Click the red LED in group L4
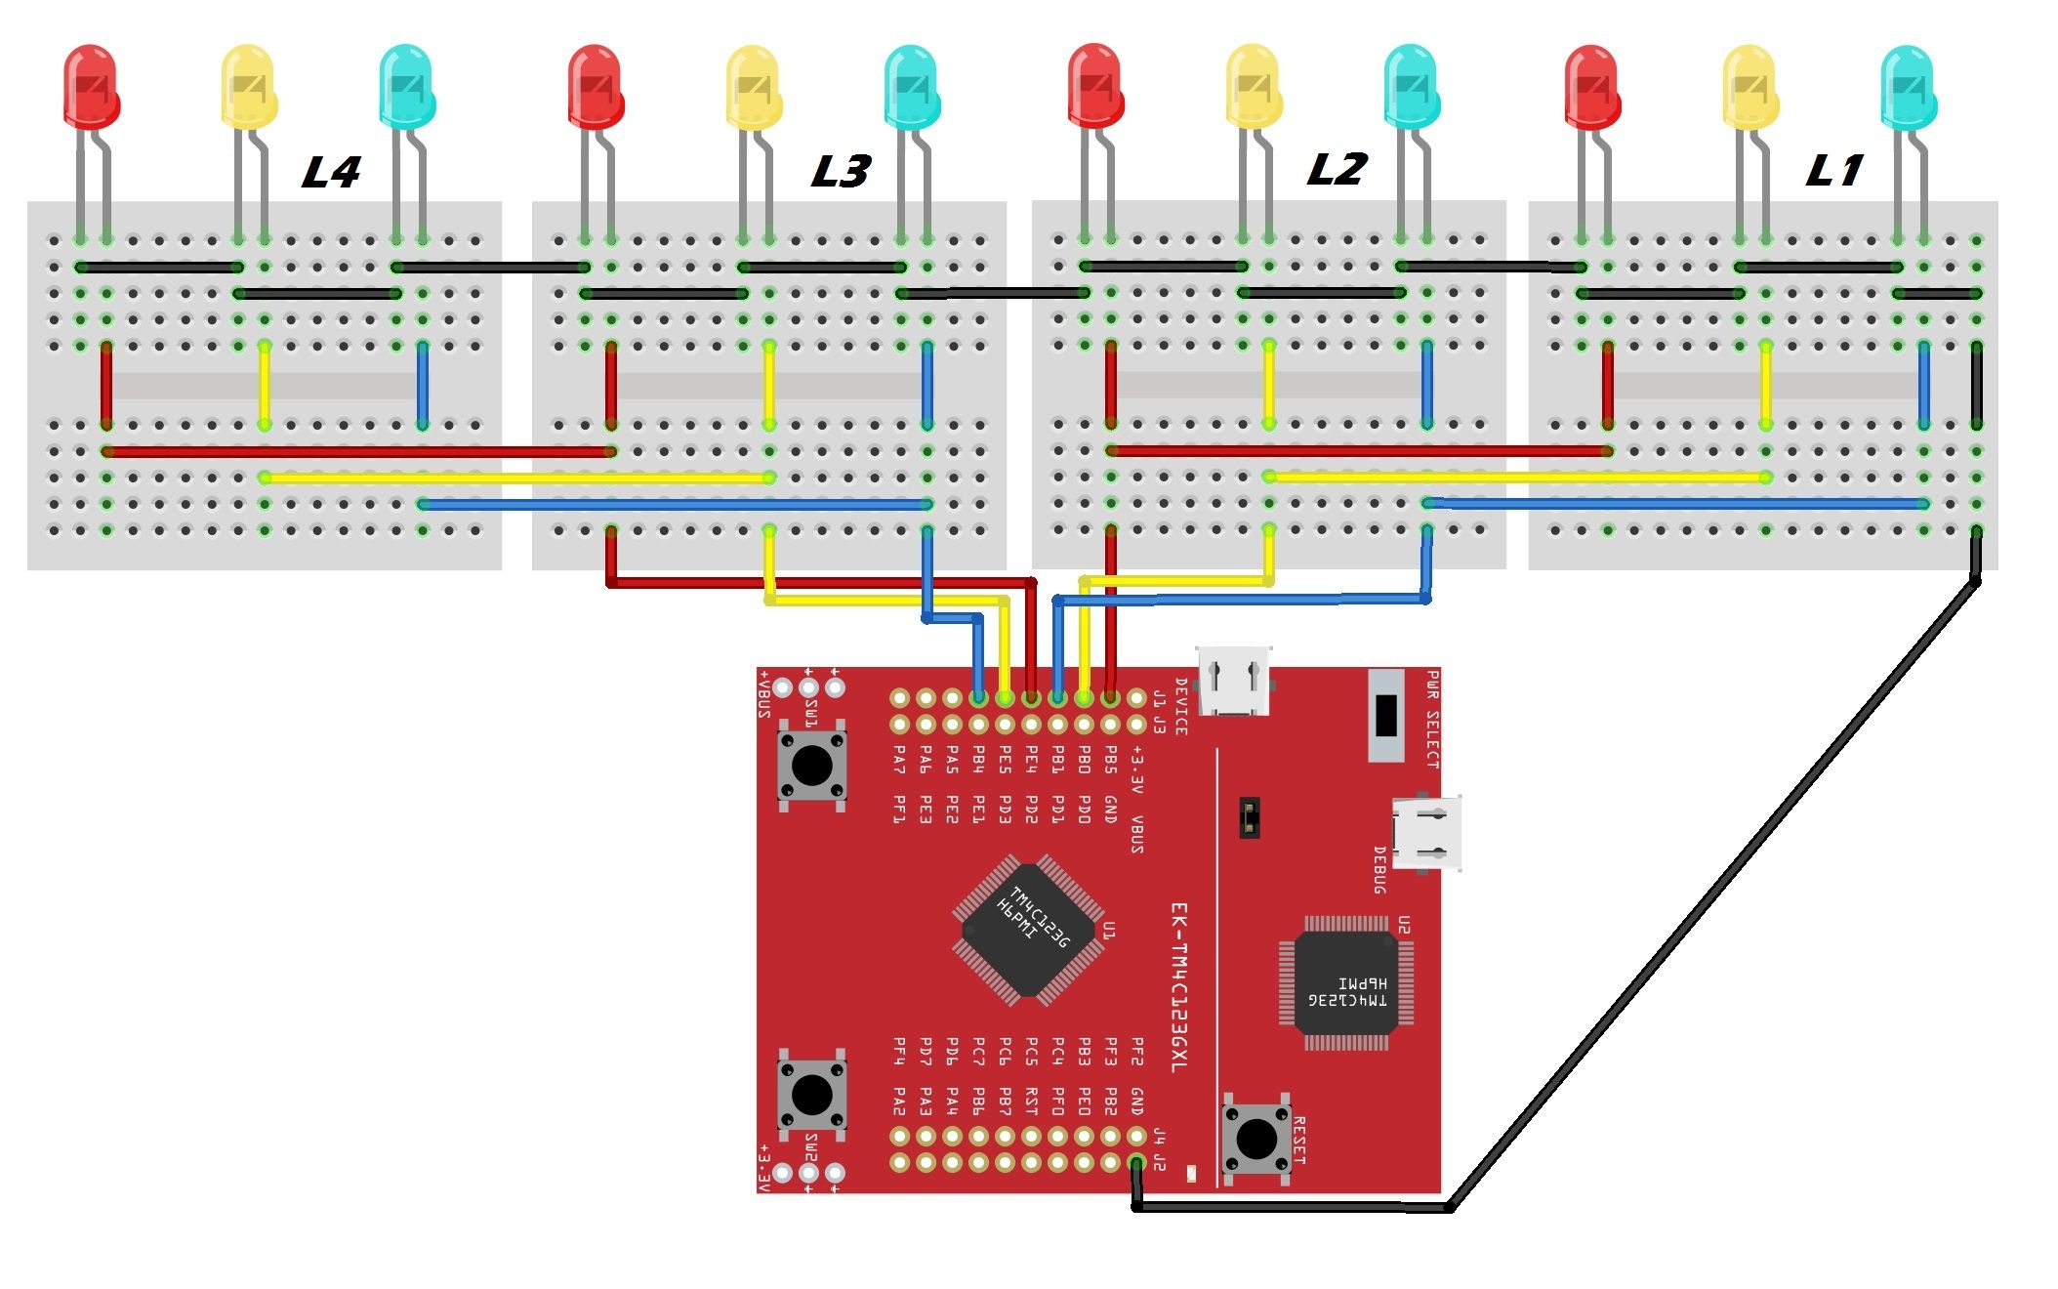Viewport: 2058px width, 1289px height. point(90,86)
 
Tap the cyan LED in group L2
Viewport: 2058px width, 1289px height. point(1411,86)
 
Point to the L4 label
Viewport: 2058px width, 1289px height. point(331,173)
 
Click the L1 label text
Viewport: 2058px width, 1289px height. point(1833,172)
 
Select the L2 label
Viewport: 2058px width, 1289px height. point(1336,170)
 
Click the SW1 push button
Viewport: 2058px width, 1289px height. point(811,765)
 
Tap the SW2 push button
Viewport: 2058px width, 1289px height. point(811,1094)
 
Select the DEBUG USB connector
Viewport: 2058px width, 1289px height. point(1427,833)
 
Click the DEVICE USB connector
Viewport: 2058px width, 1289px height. point(1234,681)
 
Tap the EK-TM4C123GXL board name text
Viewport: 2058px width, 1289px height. point(1179,986)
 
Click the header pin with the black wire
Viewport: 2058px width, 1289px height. point(1135,1163)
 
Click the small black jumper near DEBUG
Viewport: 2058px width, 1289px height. point(1248,816)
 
